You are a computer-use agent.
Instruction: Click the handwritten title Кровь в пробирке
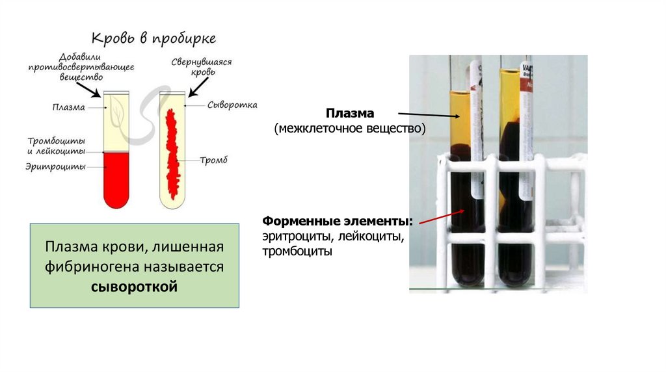(153, 38)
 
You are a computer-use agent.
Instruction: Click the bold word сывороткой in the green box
(134, 287)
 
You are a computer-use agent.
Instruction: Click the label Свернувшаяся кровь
(202, 67)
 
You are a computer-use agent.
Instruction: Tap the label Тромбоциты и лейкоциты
(56, 146)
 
